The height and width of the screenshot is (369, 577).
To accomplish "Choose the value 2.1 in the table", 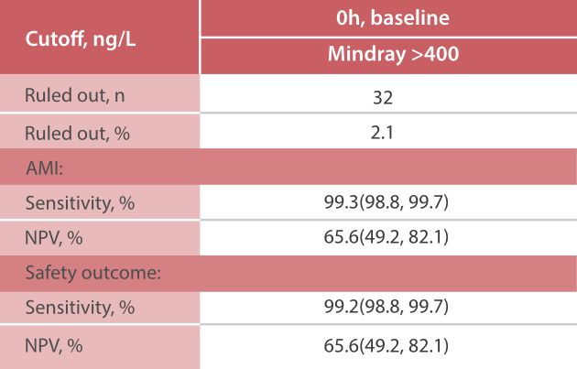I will (388, 135).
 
